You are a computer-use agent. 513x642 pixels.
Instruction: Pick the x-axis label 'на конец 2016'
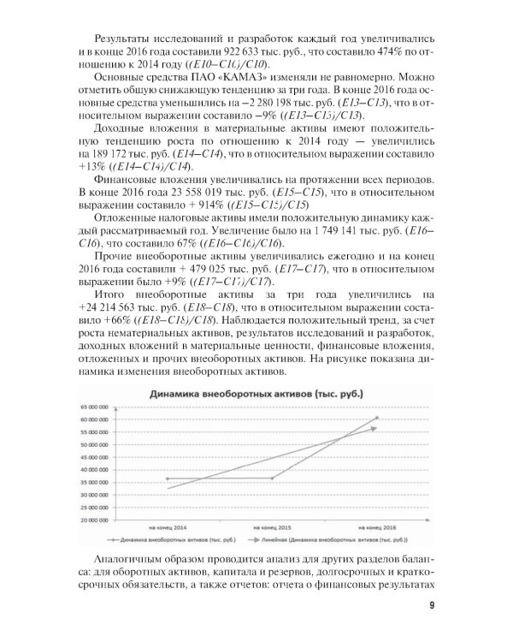376,527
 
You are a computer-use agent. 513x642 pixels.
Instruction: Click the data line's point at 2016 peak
376,418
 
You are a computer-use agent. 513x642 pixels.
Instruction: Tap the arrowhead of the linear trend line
374,428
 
